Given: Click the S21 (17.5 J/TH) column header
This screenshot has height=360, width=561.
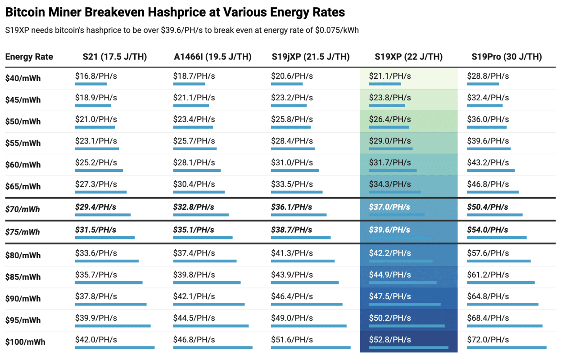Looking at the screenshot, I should point(115,57).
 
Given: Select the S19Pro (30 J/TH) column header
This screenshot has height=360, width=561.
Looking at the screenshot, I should point(507,57).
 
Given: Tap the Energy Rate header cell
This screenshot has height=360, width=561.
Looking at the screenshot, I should point(29,57).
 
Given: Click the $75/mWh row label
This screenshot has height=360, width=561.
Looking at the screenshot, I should point(23,232).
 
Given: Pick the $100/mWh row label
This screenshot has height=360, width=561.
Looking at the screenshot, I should point(25,342).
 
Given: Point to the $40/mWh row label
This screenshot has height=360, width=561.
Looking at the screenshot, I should point(23,78).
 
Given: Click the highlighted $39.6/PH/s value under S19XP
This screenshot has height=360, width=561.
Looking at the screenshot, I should point(389,230).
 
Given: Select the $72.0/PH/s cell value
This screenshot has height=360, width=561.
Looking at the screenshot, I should point(488,340).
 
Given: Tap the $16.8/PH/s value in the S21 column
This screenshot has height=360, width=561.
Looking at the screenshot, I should point(96,76).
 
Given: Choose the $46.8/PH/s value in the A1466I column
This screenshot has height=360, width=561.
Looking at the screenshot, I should point(194,340).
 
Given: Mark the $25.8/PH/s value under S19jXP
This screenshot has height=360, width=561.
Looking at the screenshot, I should point(292,119).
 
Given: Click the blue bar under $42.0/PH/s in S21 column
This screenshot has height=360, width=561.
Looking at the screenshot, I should point(115,347).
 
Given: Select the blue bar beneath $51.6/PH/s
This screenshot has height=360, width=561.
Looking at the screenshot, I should point(311,347).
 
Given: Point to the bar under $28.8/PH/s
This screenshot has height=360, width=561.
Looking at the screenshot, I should point(483,84).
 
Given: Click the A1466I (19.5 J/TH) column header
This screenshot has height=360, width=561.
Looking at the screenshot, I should point(213,57).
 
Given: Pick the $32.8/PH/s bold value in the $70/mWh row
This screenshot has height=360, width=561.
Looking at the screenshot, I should point(194,207).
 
